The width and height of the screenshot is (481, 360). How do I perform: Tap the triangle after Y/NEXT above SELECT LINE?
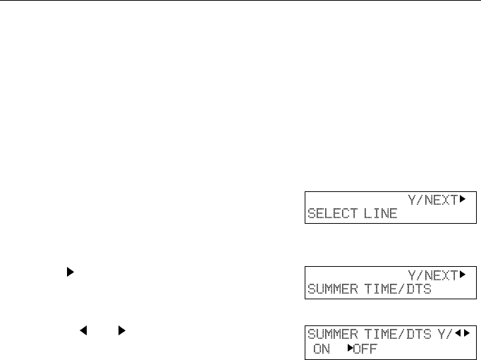point(463,199)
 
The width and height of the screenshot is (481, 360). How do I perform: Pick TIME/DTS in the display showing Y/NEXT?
point(399,289)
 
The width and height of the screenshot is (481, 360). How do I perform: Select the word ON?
point(322,349)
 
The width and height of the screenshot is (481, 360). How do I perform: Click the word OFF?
point(365,349)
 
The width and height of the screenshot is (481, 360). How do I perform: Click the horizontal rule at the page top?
point(240,1)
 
